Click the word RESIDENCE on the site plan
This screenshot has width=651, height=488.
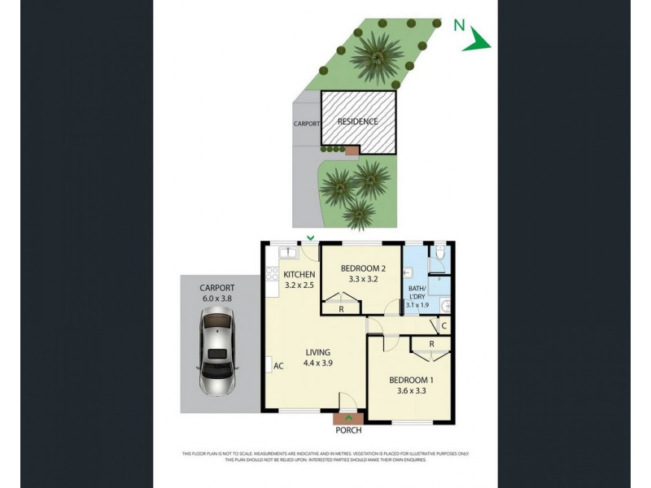[358, 122]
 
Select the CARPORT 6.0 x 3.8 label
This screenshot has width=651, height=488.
[217, 293]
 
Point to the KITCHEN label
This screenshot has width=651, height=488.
[299, 275]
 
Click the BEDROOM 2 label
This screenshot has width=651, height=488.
[362, 268]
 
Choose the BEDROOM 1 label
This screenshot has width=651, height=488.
[411, 381]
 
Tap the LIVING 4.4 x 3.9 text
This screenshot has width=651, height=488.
[317, 358]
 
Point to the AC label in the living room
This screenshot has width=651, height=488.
[277, 366]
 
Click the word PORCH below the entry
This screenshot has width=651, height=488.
[348, 430]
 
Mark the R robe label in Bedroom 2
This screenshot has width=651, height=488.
[340, 309]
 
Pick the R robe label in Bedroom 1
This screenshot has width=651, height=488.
[431, 345]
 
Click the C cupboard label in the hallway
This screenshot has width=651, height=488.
[443, 327]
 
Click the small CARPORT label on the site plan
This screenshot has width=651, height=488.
[306, 124]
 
